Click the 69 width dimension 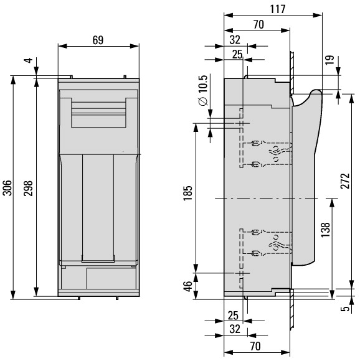click(98, 40)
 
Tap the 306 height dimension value click(7, 188)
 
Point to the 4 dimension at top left click(29, 60)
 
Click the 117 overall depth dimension click(278, 9)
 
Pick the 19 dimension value click(330, 60)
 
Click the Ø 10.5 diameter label click(204, 90)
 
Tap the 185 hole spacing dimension click(187, 193)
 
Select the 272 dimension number click(345, 181)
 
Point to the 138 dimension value click(326, 230)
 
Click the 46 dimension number click(188, 286)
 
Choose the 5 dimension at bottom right click(345, 309)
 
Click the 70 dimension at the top click(258, 25)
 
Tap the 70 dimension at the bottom click(255, 346)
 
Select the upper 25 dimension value click(237, 55)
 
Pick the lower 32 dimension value click(235, 329)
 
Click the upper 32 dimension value click(235, 40)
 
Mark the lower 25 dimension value click(233, 316)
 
